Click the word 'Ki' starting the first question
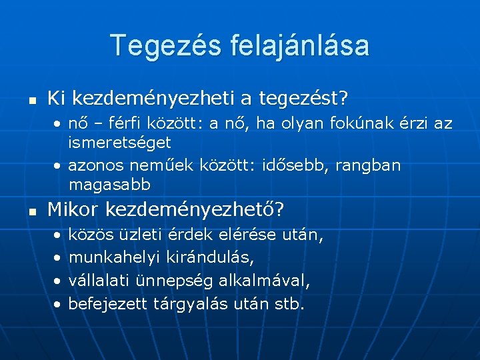tap(56, 99)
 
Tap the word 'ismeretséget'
tap(120, 142)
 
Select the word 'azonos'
tap(94, 165)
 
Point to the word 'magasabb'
tap(109, 183)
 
